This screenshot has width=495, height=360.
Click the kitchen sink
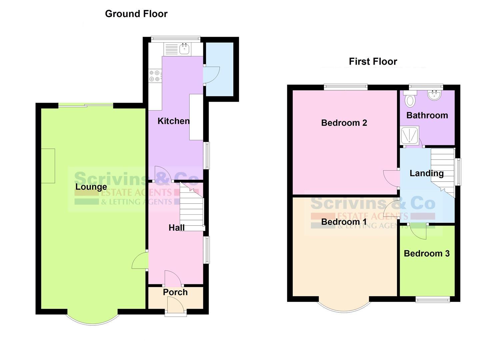pyautogui.click(x=184, y=49)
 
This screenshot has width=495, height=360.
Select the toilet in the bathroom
pyautogui.click(x=410, y=99)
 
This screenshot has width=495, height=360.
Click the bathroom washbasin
pyautogui.click(x=435, y=95)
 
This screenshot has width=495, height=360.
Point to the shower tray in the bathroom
pyautogui.click(x=410, y=135)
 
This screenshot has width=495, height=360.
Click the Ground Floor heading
pyautogui.click(x=136, y=14)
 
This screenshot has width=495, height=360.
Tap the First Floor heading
pyautogui.click(x=373, y=61)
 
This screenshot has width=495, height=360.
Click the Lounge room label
pyautogui.click(x=91, y=187)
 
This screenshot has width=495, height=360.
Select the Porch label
pyautogui.click(x=175, y=292)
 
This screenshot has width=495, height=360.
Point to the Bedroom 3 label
pyautogui.click(x=426, y=253)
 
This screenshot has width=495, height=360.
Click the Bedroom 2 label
pyautogui.click(x=344, y=123)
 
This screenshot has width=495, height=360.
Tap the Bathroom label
pyautogui.click(x=427, y=115)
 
